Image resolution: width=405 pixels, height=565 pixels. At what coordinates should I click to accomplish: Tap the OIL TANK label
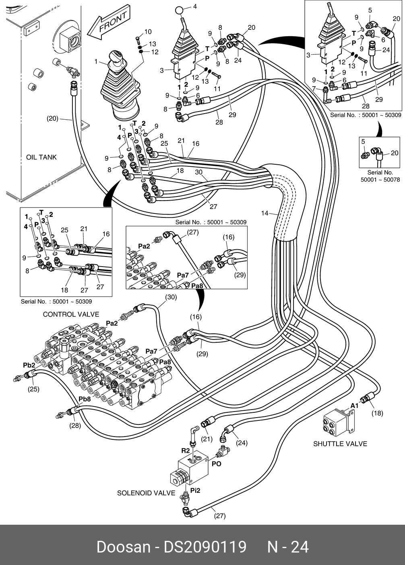(x=41, y=157)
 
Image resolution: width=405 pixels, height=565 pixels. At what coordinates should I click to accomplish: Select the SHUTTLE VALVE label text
(x=340, y=444)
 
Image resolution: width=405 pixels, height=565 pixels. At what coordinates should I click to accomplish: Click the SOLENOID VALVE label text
(x=146, y=493)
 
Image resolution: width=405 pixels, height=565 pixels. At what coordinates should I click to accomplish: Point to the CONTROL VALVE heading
(x=71, y=314)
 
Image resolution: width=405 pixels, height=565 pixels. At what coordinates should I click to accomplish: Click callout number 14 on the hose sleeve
(x=264, y=213)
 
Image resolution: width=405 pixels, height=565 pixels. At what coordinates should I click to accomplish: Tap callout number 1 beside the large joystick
(x=96, y=62)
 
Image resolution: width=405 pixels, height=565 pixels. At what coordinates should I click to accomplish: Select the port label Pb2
(x=29, y=365)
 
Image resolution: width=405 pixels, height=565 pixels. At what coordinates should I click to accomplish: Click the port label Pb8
(x=85, y=399)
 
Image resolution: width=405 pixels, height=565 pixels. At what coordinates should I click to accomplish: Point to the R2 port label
(x=185, y=450)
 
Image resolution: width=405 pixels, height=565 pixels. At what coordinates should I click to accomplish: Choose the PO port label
(x=217, y=464)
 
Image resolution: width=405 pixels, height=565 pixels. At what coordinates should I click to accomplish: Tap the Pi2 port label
(x=195, y=490)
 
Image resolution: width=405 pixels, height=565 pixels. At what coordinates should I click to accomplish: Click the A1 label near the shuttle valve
(x=354, y=406)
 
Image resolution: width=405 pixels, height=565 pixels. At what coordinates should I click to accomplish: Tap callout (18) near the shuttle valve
(x=377, y=413)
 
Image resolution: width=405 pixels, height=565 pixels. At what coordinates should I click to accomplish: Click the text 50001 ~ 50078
(x=380, y=180)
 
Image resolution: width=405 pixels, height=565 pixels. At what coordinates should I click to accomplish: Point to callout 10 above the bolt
(x=148, y=32)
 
